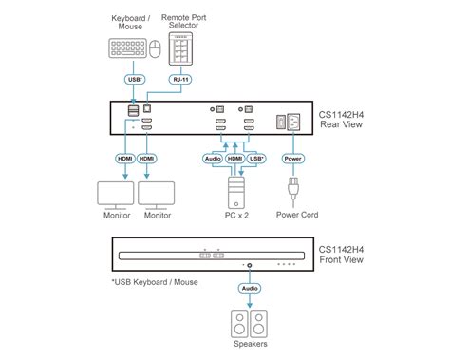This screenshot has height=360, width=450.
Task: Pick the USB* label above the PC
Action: point(254,159)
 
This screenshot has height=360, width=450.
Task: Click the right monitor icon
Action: point(157,195)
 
